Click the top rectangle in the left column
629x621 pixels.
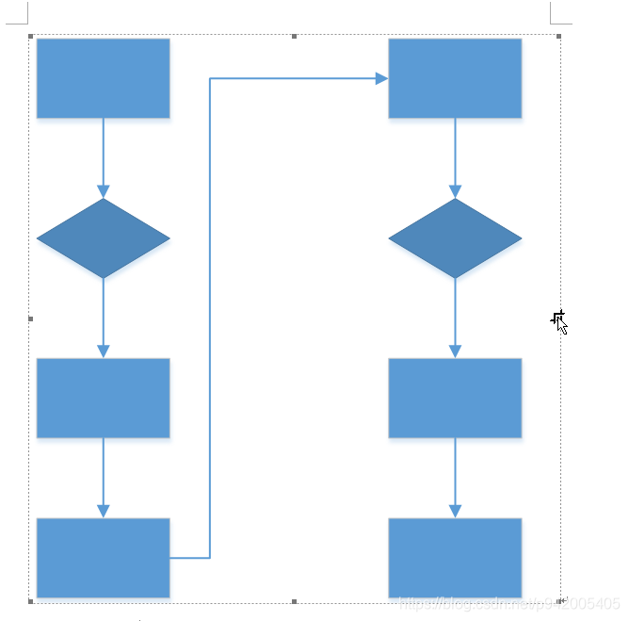tap(103, 78)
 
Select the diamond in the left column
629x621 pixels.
tap(103, 238)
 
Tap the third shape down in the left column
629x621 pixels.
tap(103, 398)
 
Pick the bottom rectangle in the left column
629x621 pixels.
tap(103, 558)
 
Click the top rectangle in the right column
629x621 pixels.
tap(455, 78)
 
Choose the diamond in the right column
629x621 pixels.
tap(455, 238)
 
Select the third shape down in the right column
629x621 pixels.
tap(455, 398)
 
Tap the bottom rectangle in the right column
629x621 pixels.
tap(455, 558)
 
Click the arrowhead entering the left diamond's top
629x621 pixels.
tap(104, 191)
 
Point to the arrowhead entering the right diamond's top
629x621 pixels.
tap(455, 191)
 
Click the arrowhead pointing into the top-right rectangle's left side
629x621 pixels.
tap(381, 79)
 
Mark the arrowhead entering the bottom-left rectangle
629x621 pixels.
tap(104, 511)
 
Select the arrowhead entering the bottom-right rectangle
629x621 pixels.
tap(455, 511)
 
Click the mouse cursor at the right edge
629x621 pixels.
tap(559, 321)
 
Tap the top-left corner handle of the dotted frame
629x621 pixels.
tap(31, 37)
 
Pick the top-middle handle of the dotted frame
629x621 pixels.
tap(295, 37)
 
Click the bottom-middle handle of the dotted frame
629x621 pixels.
tap(295, 600)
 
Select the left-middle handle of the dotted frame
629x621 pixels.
tap(31, 319)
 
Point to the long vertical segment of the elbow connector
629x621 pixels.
tap(209, 320)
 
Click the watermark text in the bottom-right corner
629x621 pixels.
tap(508, 604)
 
